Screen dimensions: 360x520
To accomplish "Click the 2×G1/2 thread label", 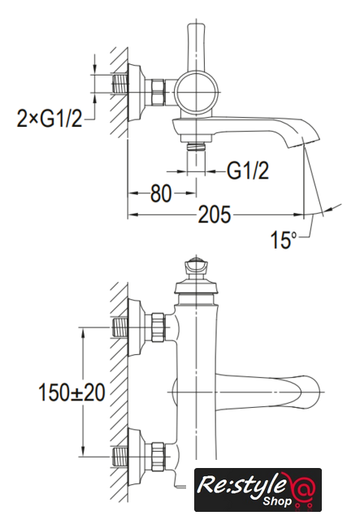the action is [50, 119].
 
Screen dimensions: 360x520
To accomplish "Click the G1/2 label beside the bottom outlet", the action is [248, 171].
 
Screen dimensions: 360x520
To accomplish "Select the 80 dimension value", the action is [161, 193].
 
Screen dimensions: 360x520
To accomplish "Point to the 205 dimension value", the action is [214, 214].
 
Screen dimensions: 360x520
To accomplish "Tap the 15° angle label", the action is [284, 240].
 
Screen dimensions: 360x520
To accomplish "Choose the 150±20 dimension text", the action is [72, 392].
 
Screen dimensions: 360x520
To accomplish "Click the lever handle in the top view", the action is [197, 48].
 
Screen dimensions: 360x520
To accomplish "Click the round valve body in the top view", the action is [197, 92].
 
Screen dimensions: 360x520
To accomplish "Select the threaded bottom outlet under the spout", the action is [196, 147].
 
